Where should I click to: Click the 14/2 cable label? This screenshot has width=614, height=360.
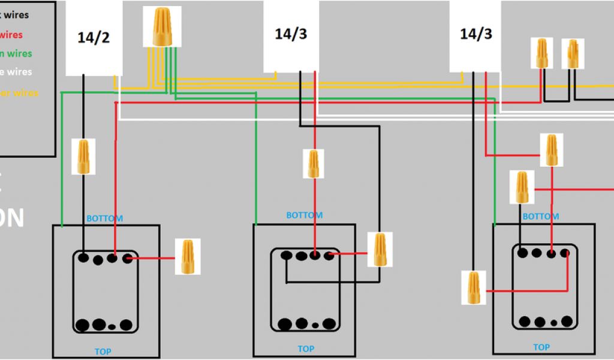coord(94,38)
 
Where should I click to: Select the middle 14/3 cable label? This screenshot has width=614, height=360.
coord(291,34)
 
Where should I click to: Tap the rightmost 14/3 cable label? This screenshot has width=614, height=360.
coord(475,34)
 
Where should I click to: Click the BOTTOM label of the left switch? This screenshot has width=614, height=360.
coord(105,218)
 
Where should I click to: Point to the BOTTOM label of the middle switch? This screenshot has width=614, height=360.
coord(304,215)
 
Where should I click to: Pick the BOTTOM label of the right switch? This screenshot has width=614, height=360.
coord(541,216)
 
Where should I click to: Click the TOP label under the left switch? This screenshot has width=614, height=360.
coord(103,352)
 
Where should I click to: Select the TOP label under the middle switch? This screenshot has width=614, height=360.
coord(306,349)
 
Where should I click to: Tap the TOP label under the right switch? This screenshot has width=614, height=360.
coord(541,347)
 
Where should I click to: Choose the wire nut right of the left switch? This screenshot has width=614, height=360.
coord(188,257)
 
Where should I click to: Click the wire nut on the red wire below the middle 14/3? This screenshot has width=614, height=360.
coord(313,164)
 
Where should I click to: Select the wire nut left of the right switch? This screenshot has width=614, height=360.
coord(474,287)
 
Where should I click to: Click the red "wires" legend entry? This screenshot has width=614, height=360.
coord(11,35)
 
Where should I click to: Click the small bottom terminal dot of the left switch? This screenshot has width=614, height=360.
coord(113,326)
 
